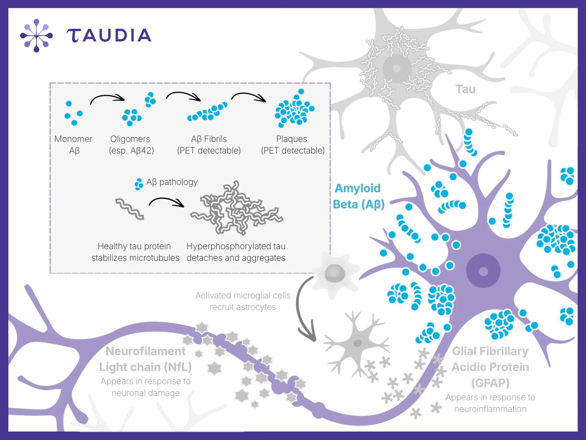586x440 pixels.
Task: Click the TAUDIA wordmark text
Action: point(109,35)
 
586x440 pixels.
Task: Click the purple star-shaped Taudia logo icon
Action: point(36,36)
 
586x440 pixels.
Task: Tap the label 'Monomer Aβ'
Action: point(74,145)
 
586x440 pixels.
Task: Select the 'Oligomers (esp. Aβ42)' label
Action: point(131,145)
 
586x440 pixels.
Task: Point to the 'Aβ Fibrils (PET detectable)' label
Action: point(209,145)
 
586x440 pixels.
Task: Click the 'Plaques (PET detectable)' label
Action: point(292,145)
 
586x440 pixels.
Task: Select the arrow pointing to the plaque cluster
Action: point(248,97)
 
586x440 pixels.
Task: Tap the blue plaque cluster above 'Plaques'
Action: point(295,109)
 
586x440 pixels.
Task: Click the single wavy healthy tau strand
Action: point(130,209)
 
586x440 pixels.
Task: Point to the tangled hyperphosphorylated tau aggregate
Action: point(237,208)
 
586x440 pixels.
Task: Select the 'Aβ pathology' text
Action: point(172,182)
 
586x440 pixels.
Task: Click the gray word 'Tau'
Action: point(466,89)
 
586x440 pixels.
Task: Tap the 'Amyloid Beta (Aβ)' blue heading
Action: point(358,196)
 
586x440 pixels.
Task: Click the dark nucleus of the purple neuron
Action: point(483,271)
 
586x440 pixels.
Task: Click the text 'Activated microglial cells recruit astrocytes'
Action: point(243,301)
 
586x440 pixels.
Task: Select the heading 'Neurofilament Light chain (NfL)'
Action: point(145,359)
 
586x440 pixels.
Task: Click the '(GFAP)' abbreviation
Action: point(490,383)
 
